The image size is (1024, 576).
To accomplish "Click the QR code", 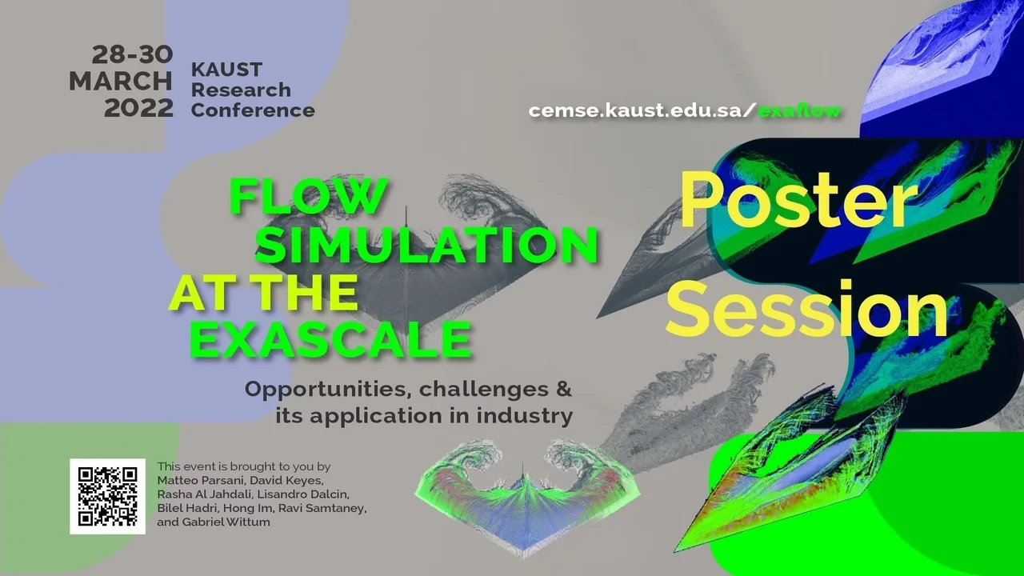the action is click(107, 497).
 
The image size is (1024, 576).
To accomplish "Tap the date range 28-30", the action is click(133, 55).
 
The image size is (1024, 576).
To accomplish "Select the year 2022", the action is click(139, 109).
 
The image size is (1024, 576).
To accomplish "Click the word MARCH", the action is click(121, 82).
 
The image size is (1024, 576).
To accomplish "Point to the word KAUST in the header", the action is click(226, 70).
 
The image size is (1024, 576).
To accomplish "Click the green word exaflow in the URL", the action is click(799, 111).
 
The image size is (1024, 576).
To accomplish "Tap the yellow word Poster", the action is click(798, 201).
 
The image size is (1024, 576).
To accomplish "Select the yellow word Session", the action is click(807, 309).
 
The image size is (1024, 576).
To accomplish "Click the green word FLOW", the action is click(309, 196).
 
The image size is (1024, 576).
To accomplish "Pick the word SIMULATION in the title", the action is click(427, 245).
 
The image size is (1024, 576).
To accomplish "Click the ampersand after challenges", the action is click(565, 389).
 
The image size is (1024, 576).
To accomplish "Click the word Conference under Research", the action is click(253, 110).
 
